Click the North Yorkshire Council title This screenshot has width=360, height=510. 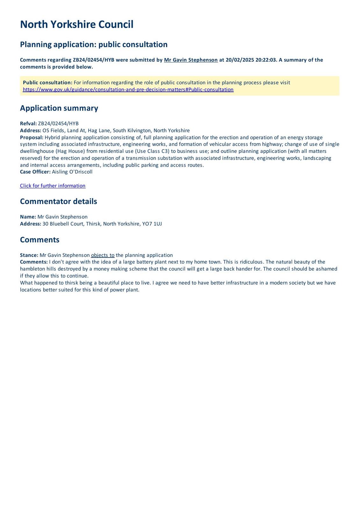[76, 25]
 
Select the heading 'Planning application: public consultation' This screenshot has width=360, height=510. [94, 44]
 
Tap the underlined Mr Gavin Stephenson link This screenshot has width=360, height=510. [191, 60]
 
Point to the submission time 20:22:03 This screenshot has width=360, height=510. [266, 60]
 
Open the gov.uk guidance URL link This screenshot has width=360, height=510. [128, 90]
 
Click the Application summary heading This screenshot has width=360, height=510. [59, 108]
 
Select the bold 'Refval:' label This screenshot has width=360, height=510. [28, 124]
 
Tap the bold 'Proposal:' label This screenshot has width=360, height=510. [32, 137]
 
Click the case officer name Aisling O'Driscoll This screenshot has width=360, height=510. [72, 172]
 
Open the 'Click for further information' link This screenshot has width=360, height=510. [53, 186]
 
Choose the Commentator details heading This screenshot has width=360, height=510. [58, 201]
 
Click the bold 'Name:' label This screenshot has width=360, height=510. [28, 217]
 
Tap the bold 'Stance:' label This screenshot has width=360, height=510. [29, 255]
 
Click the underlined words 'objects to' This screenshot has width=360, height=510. [103, 255]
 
